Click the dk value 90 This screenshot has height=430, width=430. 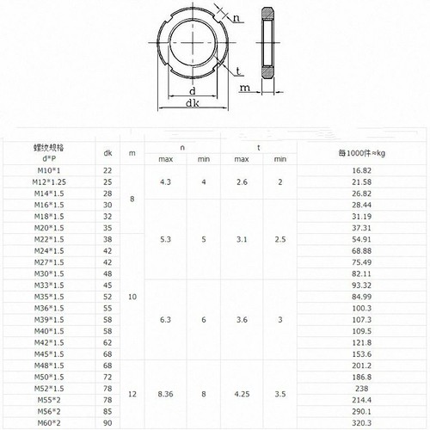(x=107, y=423)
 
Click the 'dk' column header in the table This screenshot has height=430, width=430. (x=107, y=153)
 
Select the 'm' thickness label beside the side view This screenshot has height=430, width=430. (x=245, y=87)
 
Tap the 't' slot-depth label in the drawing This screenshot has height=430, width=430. (x=236, y=71)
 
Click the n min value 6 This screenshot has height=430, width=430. (x=204, y=319)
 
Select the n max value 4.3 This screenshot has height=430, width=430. (x=167, y=183)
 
